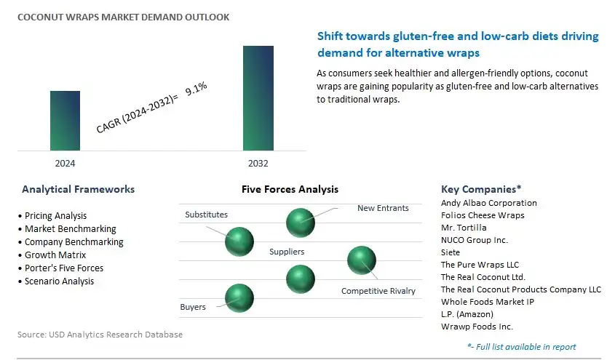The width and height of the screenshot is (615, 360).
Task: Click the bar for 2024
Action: click(x=65, y=121)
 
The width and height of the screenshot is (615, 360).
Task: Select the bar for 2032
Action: click(x=258, y=98)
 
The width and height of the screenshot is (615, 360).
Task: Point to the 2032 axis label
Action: click(x=258, y=164)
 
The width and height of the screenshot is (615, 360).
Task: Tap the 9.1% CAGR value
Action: click(x=196, y=89)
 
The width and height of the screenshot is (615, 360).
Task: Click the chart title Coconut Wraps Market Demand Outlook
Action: click(x=124, y=17)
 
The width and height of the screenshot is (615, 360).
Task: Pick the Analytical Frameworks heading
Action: click(x=79, y=189)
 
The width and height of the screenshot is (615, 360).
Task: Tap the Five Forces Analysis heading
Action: click(x=290, y=189)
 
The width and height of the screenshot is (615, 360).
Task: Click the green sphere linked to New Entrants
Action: click(x=301, y=223)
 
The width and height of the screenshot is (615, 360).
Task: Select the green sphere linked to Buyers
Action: click(x=239, y=298)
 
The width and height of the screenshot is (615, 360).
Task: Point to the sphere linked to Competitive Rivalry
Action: click(x=362, y=260)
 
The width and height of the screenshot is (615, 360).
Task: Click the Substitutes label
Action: click(x=206, y=215)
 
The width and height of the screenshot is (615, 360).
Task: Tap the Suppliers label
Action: click(x=287, y=252)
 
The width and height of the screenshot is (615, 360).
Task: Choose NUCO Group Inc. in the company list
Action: click(x=475, y=240)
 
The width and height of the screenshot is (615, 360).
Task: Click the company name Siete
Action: click(x=451, y=252)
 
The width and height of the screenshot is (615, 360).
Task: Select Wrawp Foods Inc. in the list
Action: click(x=477, y=327)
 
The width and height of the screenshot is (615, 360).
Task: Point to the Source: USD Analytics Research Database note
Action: click(x=100, y=335)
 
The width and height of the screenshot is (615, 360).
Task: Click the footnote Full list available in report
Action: click(x=522, y=347)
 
